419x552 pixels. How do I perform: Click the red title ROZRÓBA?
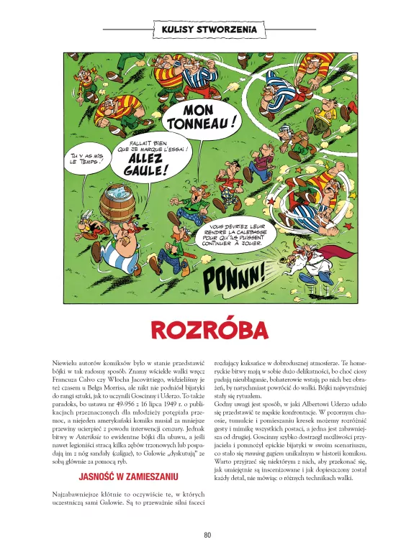pos(209,330)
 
